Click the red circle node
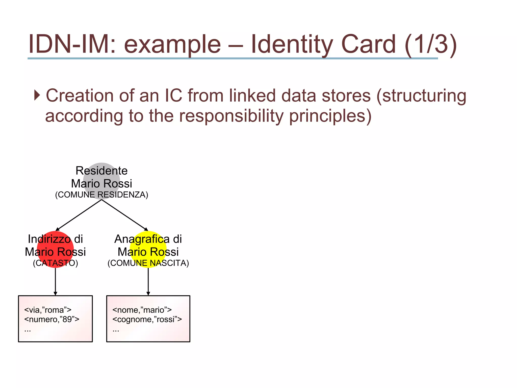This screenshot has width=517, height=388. tap(55, 249)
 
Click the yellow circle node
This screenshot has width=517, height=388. tap(148, 249)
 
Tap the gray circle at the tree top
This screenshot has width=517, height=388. tap(101, 181)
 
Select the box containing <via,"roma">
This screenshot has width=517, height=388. tap(56, 319)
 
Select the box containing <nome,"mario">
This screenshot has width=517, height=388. tap(148, 319)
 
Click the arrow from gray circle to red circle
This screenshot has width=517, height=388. tap(79, 215)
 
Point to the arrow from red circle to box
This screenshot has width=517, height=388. tap(55, 281)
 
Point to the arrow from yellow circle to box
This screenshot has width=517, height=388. tap(148, 281)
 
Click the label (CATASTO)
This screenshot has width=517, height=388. tap(55, 263)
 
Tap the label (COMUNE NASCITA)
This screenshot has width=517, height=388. tap(148, 263)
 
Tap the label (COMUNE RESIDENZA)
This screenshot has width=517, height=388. tap(101, 195)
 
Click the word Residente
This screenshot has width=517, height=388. tap(101, 171)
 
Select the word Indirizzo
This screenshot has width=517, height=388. tap(49, 239)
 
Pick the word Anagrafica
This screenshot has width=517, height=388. tap(142, 239)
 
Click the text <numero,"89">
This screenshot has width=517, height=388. tap(52, 320)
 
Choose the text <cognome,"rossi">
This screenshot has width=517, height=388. tap(147, 320)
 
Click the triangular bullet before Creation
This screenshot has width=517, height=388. tap(37, 95)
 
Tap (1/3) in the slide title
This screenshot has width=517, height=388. tap(430, 44)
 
